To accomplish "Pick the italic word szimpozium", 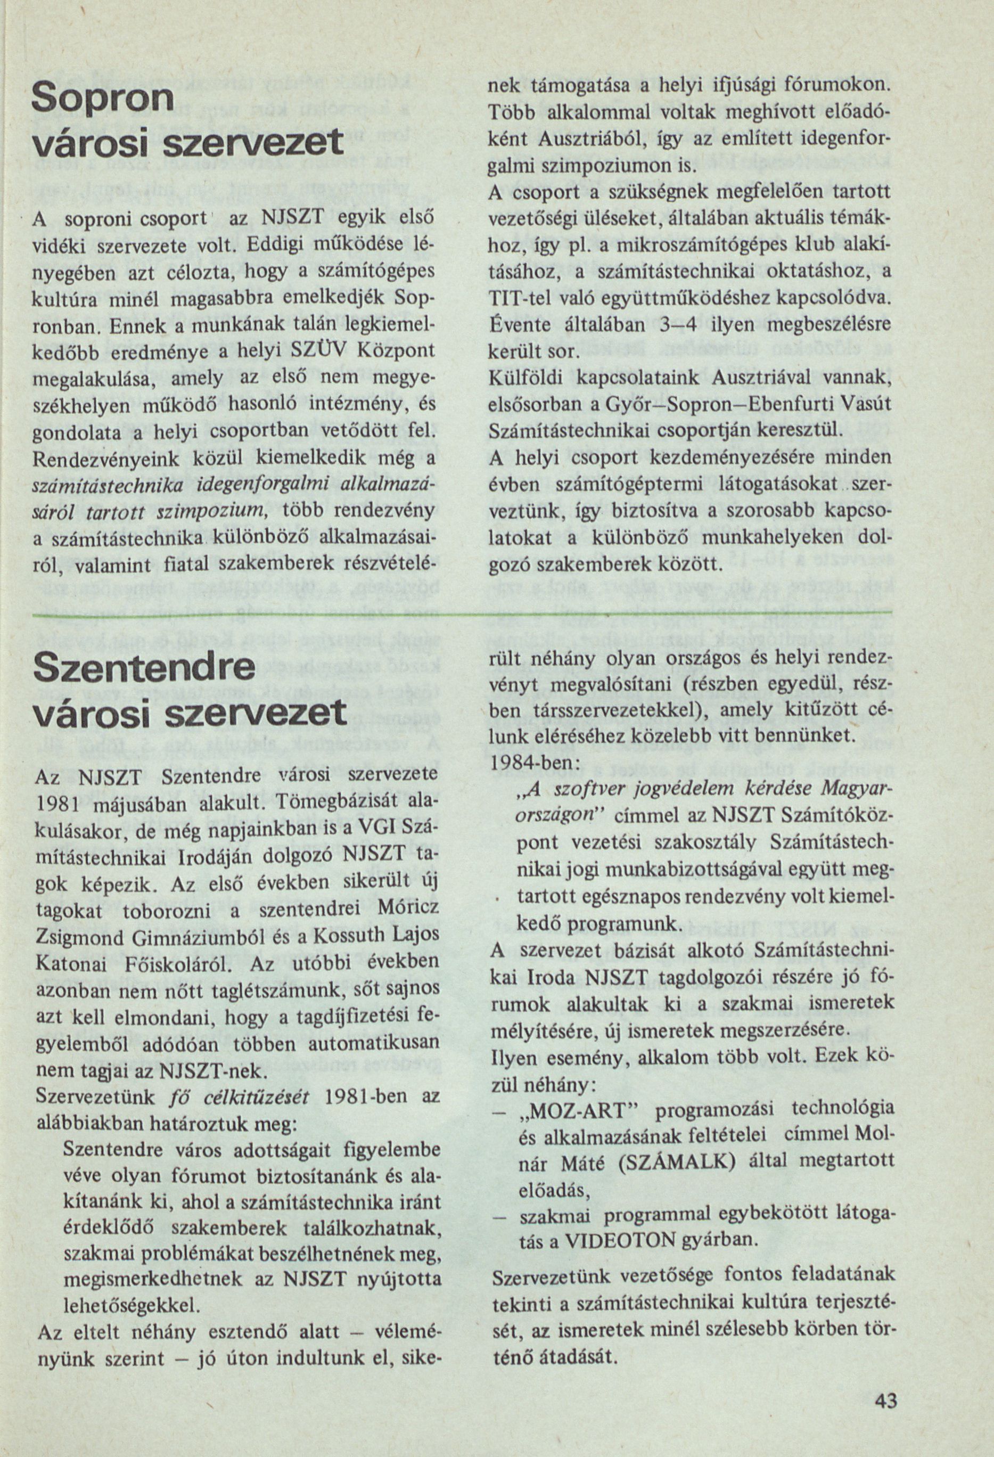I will [x=221, y=512].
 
